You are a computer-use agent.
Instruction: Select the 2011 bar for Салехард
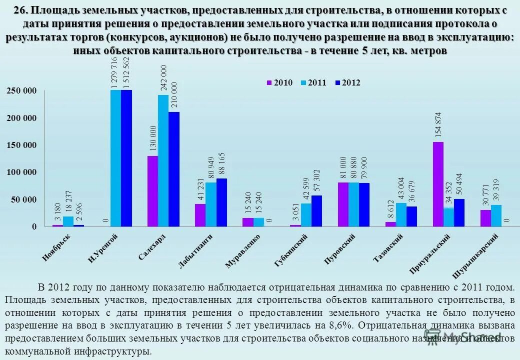[163, 160]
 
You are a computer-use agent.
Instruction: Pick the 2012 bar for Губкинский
[316, 210]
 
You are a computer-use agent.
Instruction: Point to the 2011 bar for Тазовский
[401, 214]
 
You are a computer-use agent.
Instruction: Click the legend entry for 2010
[279, 83]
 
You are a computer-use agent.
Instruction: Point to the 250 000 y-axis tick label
[22, 90]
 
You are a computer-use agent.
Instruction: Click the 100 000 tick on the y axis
[22, 172]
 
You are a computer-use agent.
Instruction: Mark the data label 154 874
[438, 125]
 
